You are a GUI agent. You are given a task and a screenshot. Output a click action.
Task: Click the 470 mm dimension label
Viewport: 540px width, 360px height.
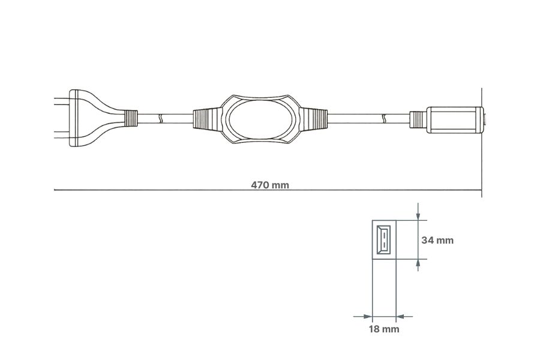coord(270,185)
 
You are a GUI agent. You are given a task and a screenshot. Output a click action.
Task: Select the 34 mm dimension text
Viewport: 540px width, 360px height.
coord(437,240)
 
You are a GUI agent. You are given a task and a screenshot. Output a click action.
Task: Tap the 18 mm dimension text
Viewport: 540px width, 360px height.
coord(384,329)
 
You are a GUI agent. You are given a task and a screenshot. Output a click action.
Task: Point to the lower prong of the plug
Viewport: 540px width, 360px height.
coord(61,137)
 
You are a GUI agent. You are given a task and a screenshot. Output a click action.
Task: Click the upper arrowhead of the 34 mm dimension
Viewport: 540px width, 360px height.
coord(418,215)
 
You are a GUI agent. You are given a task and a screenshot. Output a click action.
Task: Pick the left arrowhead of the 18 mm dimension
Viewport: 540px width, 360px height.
coord(367,316)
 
